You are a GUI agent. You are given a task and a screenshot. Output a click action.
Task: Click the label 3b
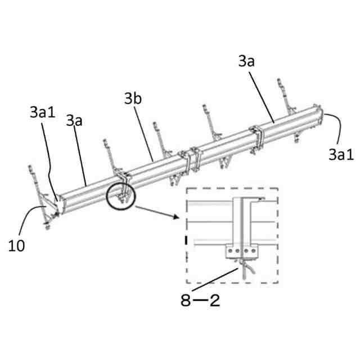[x=133, y=100]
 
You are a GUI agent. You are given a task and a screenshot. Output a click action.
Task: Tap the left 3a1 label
[x=42, y=112]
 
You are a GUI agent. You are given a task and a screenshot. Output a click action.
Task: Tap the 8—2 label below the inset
[x=200, y=300]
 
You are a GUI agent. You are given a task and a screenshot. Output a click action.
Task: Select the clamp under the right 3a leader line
[x=260, y=135]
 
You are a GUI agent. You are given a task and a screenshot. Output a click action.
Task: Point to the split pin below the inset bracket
[x=246, y=269]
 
